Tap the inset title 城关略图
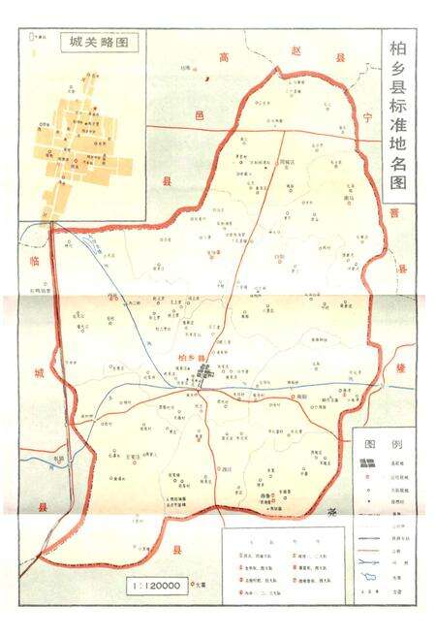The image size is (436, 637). coord(98,43)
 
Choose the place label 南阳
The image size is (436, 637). coord(301,398)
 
